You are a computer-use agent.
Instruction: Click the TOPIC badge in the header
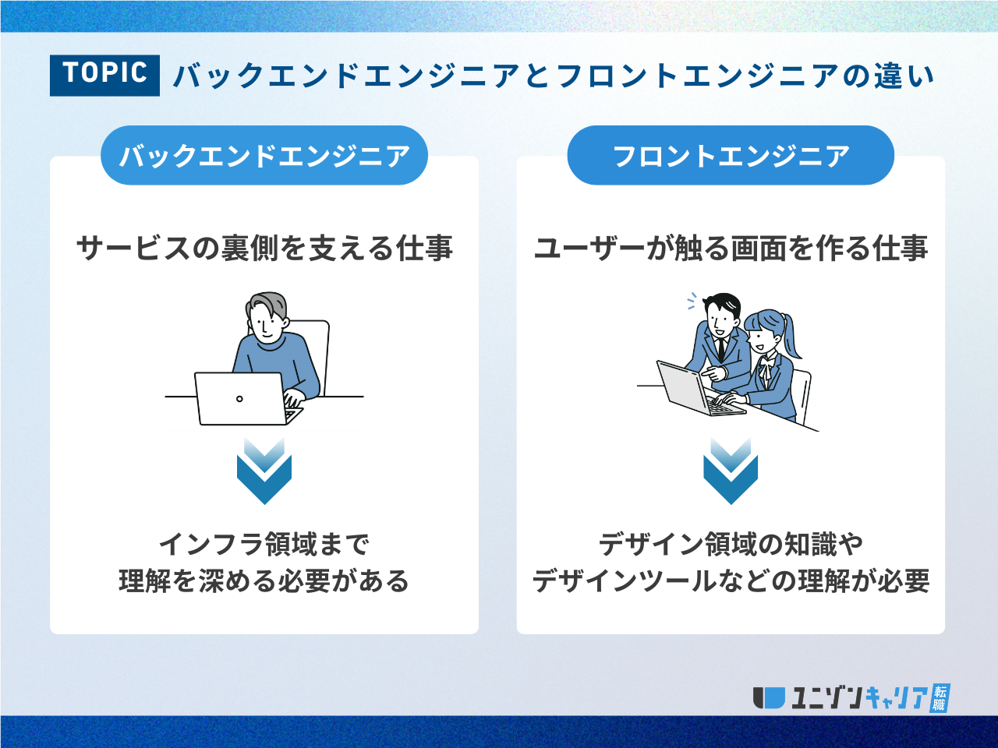point(104,76)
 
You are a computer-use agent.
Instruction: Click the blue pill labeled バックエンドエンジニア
point(264,155)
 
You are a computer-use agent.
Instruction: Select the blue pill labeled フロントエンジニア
point(731,155)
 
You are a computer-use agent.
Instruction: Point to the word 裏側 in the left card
point(249,249)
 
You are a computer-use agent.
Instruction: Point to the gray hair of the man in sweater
point(267,303)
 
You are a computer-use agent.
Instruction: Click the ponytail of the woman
point(791,335)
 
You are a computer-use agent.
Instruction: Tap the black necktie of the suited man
point(721,350)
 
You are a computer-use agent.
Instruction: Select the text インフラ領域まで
point(264,544)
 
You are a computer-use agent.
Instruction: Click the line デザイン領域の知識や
point(731,544)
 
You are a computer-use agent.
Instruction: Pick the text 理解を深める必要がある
point(264,581)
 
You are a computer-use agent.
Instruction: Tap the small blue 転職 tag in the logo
point(940,698)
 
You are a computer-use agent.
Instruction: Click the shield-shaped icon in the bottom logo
point(769,698)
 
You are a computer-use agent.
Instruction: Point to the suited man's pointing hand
point(713,373)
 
